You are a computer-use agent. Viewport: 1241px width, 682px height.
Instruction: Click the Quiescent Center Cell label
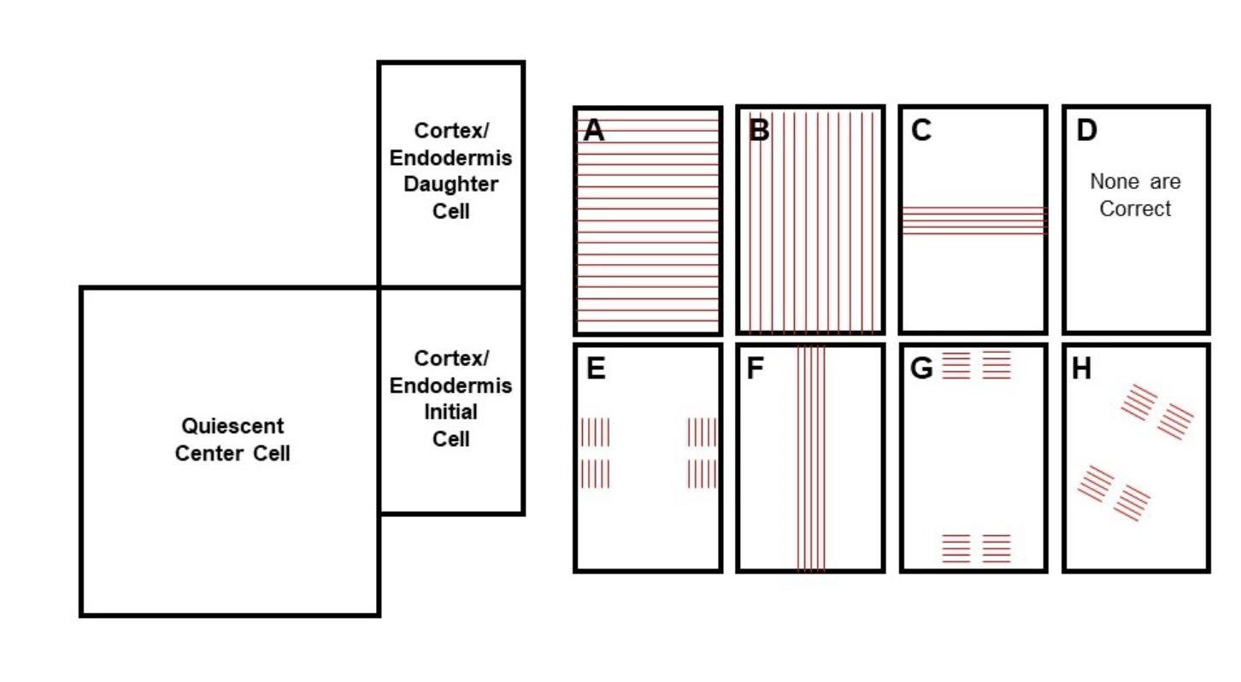[x=232, y=439]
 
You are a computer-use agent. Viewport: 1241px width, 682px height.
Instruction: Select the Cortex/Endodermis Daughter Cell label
[x=450, y=170]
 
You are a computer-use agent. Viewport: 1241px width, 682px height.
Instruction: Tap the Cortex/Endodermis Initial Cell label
[x=450, y=398]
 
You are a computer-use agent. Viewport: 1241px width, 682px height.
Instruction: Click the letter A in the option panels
[x=593, y=131]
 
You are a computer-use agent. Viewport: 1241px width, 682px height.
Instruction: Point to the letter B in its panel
[x=757, y=131]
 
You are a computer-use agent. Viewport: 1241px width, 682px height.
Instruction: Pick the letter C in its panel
[x=920, y=131]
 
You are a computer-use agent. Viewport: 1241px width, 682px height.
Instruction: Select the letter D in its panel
[x=1086, y=131]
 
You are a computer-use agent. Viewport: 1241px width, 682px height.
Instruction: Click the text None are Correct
[x=1135, y=195]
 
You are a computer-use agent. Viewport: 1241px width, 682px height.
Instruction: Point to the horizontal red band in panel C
[x=973, y=220]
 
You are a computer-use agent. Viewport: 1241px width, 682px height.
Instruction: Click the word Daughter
[x=450, y=184]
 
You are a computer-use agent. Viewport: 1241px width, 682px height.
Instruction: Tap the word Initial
[x=450, y=412]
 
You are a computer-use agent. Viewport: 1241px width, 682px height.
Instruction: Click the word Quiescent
[x=232, y=426]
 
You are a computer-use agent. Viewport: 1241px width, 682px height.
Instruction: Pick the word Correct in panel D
[x=1135, y=209]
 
